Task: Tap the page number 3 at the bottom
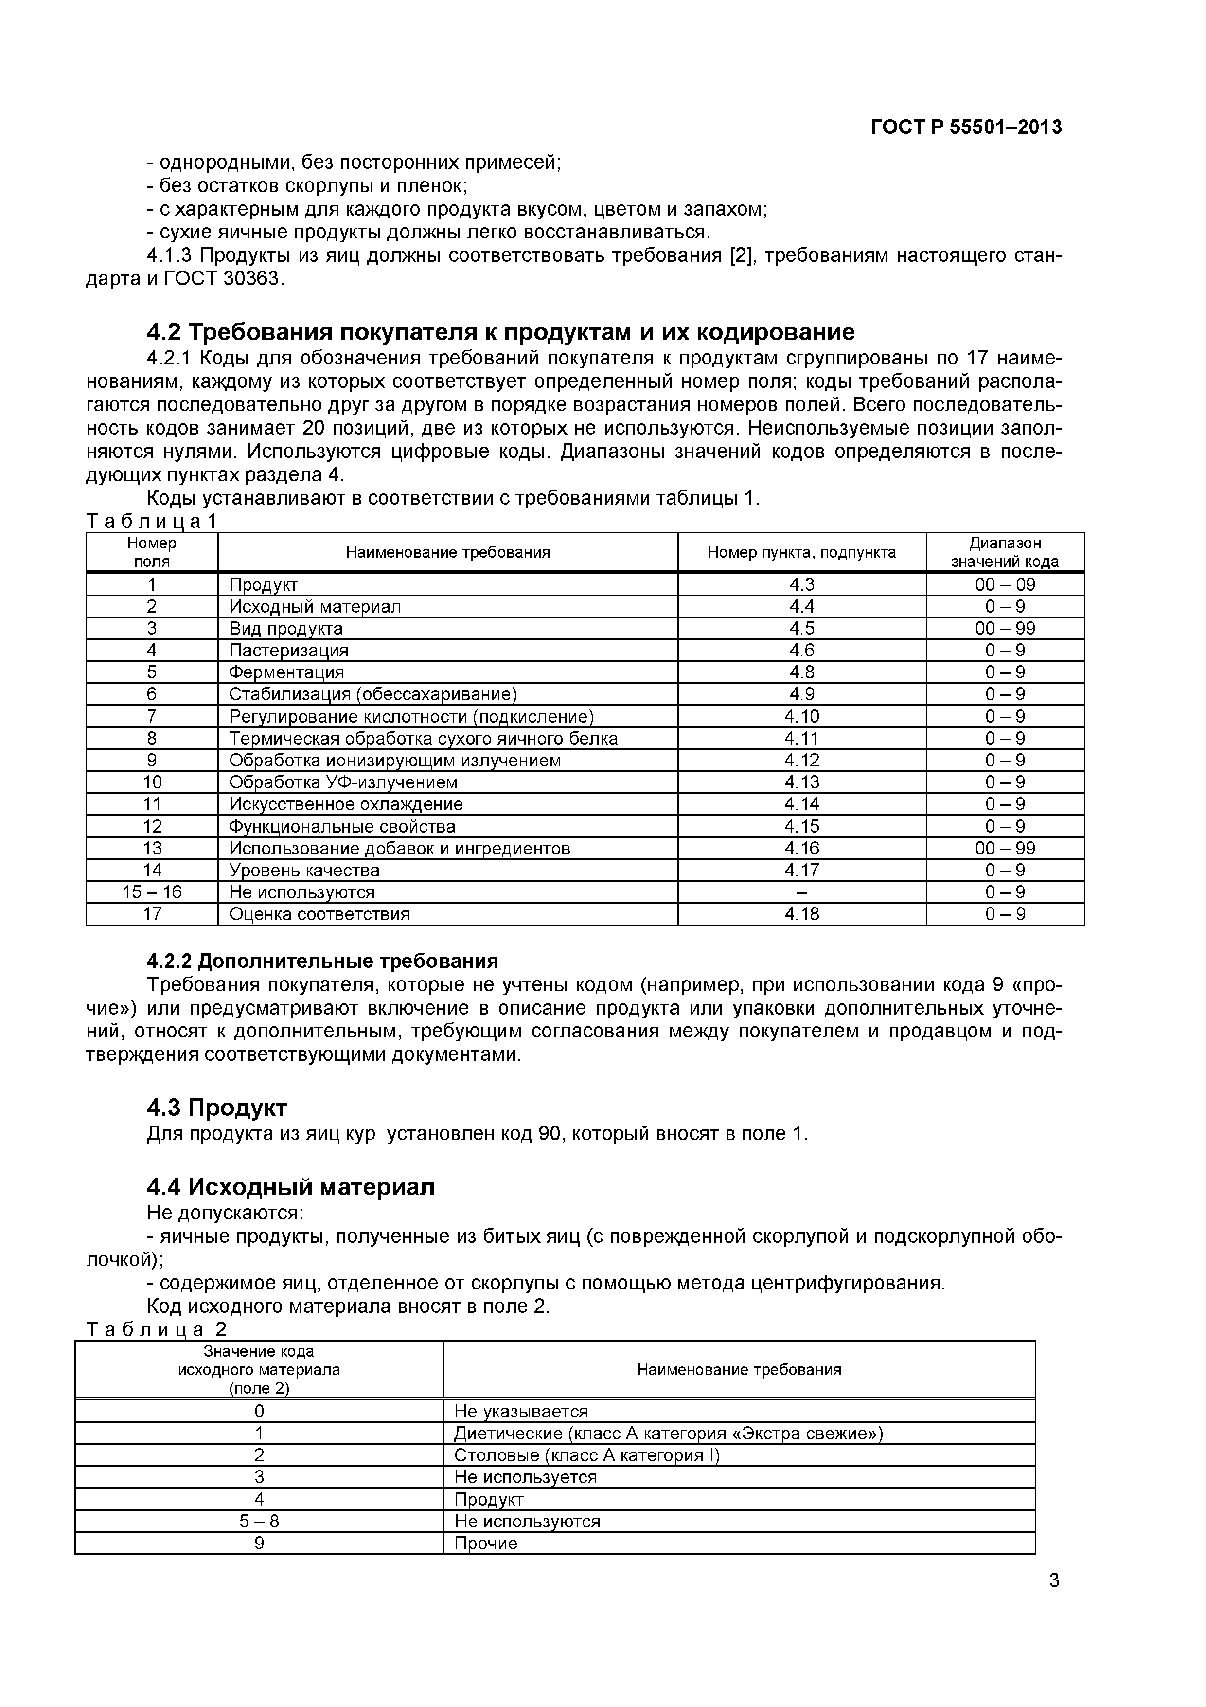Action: click(x=1054, y=1601)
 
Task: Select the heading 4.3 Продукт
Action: click(x=216, y=1108)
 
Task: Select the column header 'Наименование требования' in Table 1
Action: click(x=447, y=552)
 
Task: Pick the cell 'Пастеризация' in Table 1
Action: click(x=288, y=651)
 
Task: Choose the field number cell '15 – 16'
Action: click(x=152, y=892)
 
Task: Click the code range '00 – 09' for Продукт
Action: click(x=1005, y=584)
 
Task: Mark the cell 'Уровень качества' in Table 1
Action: click(x=304, y=870)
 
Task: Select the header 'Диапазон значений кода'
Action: click(x=1005, y=552)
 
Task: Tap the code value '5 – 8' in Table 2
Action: click(x=259, y=1521)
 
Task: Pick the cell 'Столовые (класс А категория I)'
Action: click(x=587, y=1455)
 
